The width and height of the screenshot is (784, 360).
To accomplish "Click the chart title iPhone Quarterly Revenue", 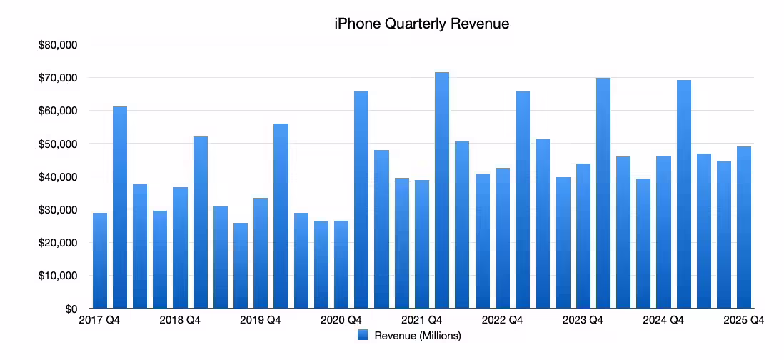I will tap(421, 24).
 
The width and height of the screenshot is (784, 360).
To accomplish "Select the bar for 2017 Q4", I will tap(100, 261).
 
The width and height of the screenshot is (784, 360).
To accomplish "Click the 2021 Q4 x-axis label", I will tap(422, 321).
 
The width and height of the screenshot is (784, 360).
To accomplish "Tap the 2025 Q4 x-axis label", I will tap(744, 321).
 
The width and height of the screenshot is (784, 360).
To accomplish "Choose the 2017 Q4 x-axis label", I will tap(99, 321).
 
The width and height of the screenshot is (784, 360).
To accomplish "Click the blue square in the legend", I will tap(363, 336).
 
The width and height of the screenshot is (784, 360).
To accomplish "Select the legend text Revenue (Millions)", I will tap(418, 336).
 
